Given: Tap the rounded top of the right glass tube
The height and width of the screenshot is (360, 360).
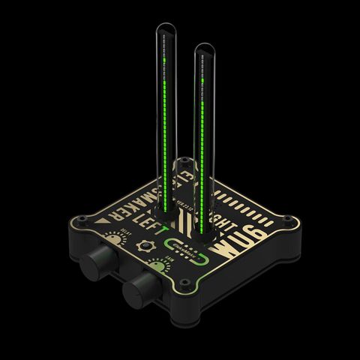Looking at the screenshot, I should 204,50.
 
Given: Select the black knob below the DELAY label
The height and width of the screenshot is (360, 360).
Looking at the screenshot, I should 99,262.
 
